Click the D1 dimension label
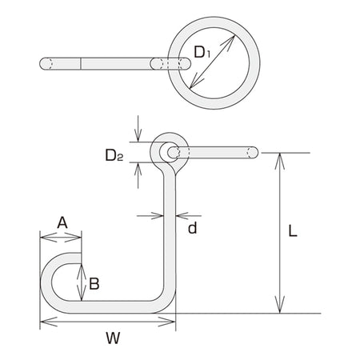coord(202,52)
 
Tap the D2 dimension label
coord(114,155)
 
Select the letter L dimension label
coord(293,231)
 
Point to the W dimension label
coord(113,338)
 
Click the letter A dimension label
coord(62,222)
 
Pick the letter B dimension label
coord(94,284)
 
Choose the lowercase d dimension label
coord(193,228)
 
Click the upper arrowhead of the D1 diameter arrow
coord(230,42)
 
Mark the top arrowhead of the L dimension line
coord(279,161)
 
